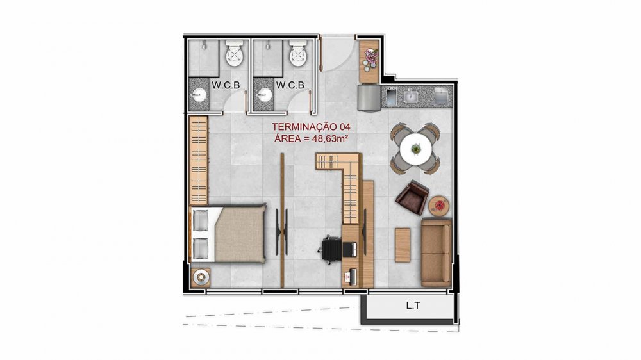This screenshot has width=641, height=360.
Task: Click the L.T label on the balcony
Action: [x=413, y=306]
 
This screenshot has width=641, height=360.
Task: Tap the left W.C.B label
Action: [x=225, y=85]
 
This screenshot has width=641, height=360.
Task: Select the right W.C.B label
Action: [x=290, y=85]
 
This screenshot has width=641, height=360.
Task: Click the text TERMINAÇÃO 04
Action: [x=311, y=127]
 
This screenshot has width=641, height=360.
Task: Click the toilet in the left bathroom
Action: [x=235, y=54]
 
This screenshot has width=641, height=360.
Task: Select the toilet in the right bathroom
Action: [x=299, y=54]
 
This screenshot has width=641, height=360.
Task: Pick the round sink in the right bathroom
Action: [x=264, y=95]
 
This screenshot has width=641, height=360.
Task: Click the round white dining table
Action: [x=416, y=149]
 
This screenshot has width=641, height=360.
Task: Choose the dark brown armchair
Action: [x=412, y=197]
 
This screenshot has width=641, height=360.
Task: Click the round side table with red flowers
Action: [x=440, y=205]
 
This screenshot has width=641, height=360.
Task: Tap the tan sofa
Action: [x=437, y=252]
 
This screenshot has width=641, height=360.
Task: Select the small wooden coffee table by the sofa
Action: [x=403, y=245]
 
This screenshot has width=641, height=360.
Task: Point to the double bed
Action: [x=228, y=233]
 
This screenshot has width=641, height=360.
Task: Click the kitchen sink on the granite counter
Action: [x=410, y=97]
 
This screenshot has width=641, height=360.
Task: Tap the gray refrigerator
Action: [x=370, y=97]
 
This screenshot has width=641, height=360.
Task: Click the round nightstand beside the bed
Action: [x=201, y=277]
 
